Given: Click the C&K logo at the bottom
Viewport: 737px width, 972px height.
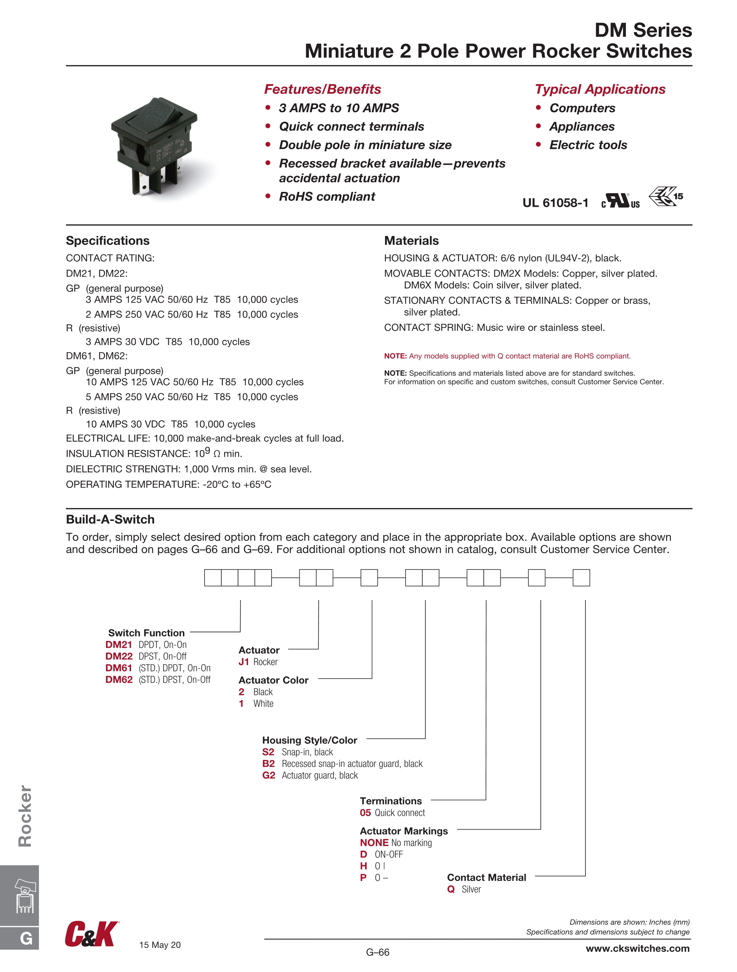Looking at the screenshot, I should (91, 934).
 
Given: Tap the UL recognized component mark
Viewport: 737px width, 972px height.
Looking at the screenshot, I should (620, 201).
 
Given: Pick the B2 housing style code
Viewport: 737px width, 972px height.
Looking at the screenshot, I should (268, 764).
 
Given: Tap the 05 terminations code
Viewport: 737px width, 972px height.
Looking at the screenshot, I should (365, 813).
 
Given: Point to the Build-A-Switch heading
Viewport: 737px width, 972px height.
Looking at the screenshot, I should (110, 519).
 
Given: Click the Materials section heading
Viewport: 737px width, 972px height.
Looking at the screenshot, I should (411, 241).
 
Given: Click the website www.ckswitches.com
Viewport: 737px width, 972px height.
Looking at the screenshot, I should (637, 948).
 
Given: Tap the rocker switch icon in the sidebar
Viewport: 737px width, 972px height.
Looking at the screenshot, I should (25, 896).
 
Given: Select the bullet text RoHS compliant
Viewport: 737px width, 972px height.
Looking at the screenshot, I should (327, 196).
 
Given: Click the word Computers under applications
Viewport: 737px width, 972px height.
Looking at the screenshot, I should (582, 108).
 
